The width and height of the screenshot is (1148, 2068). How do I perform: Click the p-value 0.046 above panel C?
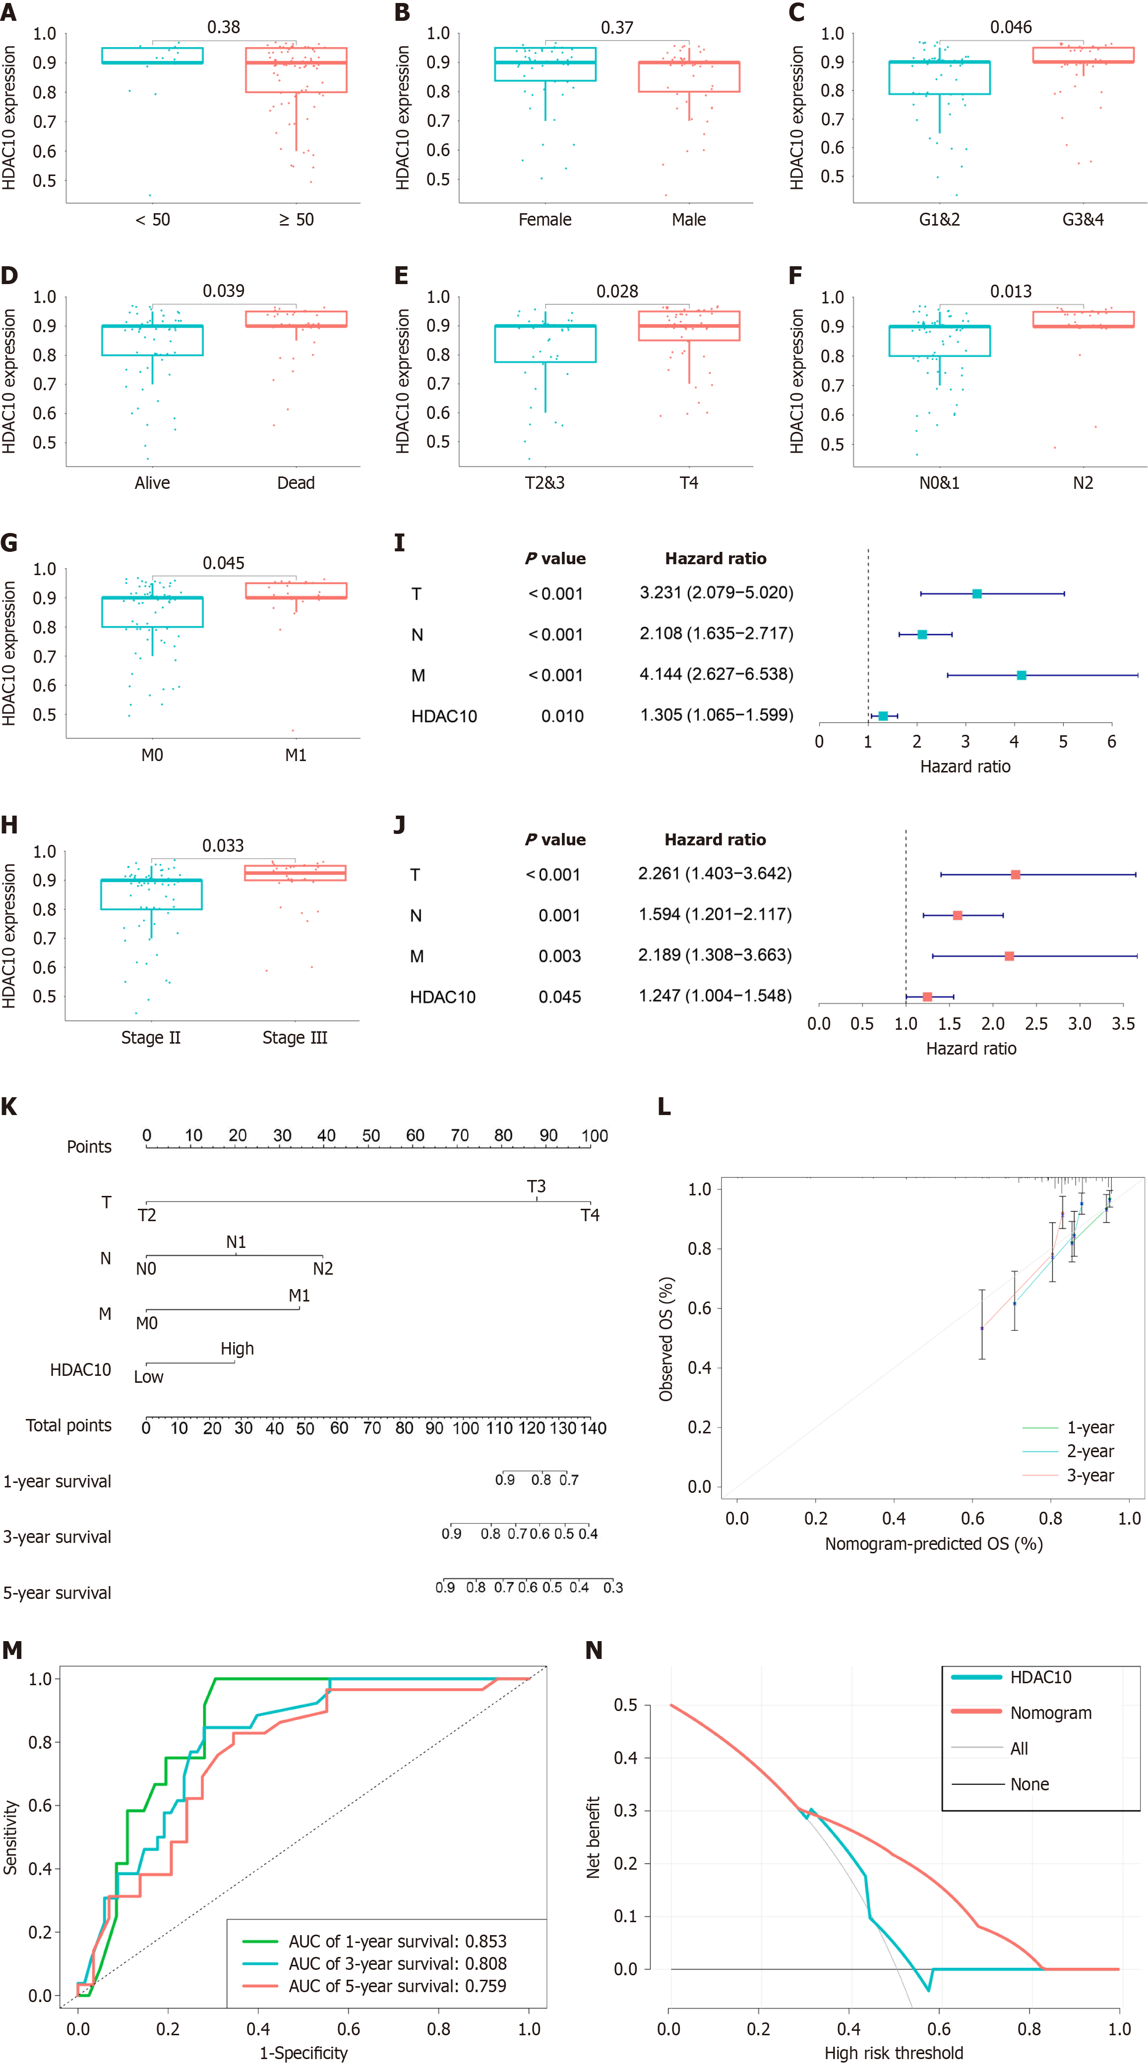[x=1010, y=27]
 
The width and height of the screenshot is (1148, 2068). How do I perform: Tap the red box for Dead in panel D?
[x=296, y=319]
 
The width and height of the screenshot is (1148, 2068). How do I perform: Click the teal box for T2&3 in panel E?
[x=545, y=344]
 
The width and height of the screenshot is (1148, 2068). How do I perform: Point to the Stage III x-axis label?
[x=295, y=1037]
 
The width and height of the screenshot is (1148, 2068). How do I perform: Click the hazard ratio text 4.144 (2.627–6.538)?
[x=716, y=674]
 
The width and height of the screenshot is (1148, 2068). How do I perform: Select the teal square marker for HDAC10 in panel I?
[x=883, y=716]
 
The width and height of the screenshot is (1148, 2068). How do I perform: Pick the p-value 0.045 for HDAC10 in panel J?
[x=559, y=997]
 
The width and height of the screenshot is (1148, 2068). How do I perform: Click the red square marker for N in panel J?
[x=957, y=915]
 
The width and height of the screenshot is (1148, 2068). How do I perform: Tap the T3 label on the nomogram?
[x=536, y=1186]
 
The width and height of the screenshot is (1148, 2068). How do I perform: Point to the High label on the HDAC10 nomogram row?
[x=237, y=1349]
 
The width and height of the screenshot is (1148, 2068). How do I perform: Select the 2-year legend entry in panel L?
[x=1089, y=1451]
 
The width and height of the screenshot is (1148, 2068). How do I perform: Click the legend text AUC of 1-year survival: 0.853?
[x=397, y=1941]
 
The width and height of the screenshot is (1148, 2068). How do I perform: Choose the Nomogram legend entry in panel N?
[x=1050, y=1713]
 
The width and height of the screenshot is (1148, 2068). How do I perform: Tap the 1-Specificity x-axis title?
[x=303, y=2053]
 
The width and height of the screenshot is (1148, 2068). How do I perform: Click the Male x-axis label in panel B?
[x=689, y=219]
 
